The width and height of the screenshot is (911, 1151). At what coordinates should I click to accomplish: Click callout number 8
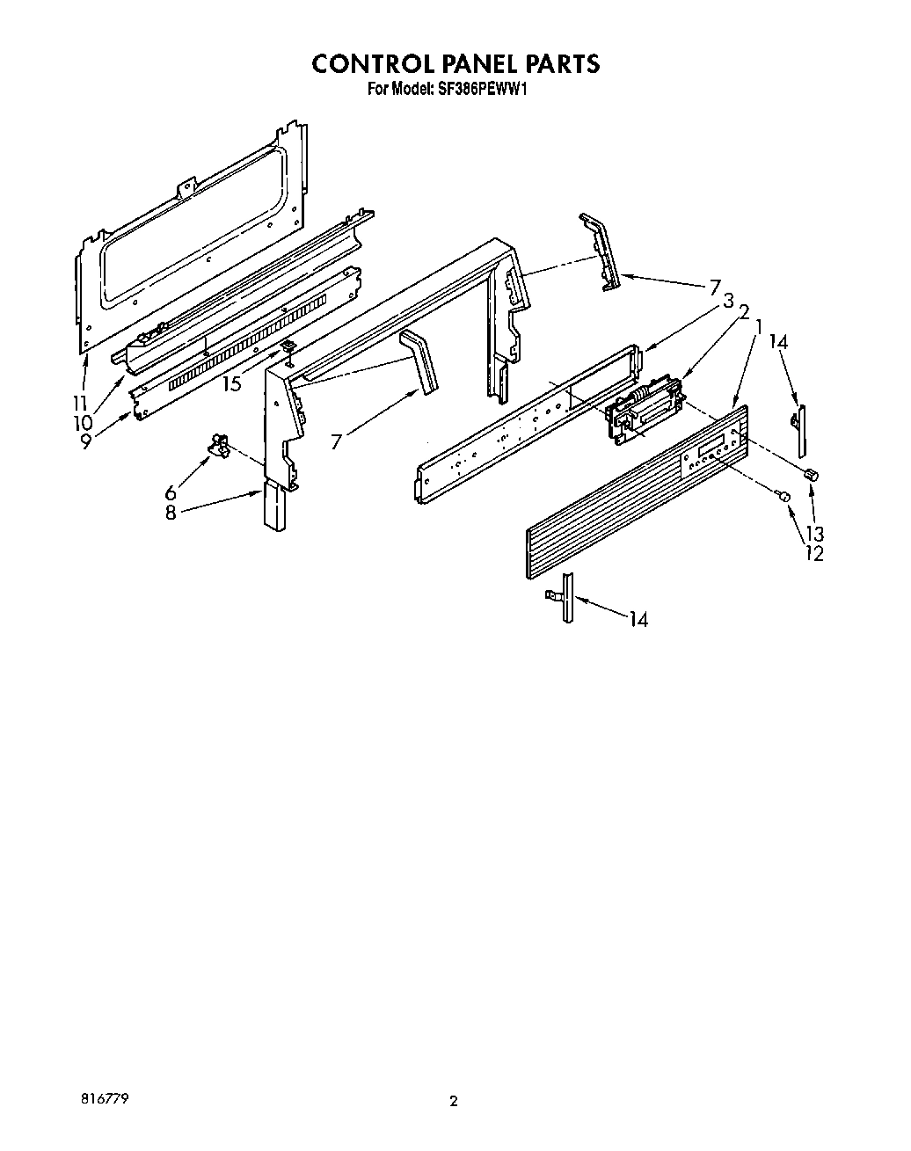(x=170, y=513)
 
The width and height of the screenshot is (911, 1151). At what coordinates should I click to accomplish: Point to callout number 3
(x=728, y=299)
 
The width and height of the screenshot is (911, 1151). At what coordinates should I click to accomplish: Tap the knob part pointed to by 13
(x=811, y=475)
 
